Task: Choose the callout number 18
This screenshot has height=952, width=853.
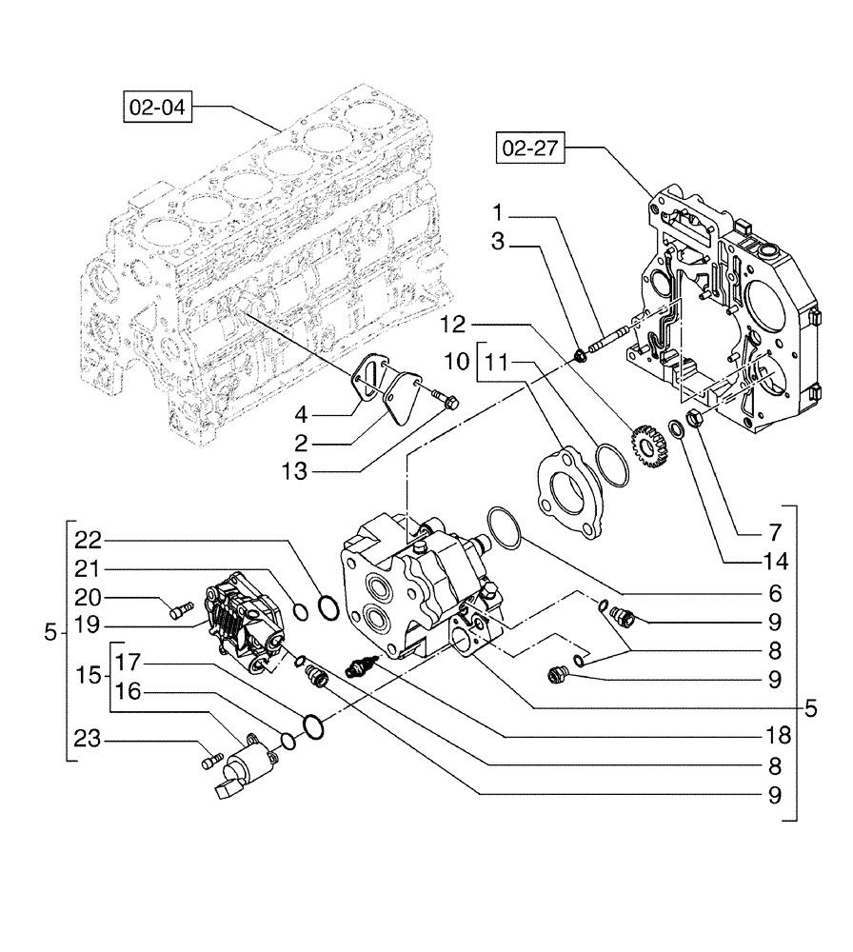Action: (x=781, y=736)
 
